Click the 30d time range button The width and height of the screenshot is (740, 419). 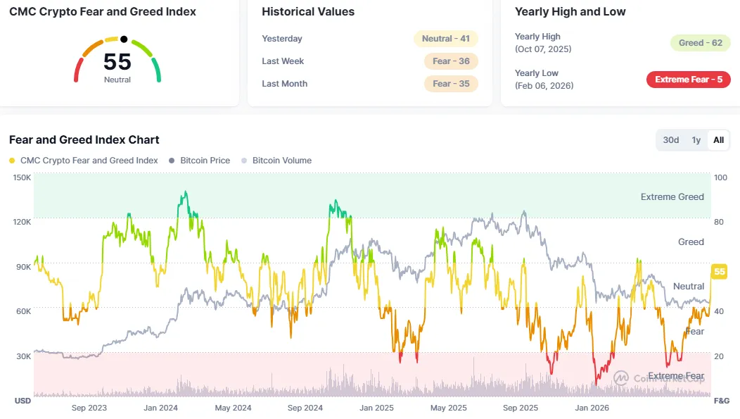[x=670, y=140]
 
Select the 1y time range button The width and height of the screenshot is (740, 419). [x=696, y=140]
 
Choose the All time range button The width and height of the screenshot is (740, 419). [x=718, y=140]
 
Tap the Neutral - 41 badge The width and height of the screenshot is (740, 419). [x=445, y=39]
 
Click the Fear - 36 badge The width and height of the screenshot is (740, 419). [x=451, y=61]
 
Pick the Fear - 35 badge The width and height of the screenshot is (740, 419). [x=451, y=84]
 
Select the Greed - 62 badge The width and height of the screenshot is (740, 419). [x=701, y=43]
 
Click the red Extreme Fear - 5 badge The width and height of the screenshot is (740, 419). [x=689, y=80]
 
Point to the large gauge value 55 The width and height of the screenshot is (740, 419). [x=117, y=62]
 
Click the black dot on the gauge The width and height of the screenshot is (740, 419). [x=124, y=39]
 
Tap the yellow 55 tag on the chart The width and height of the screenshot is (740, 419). [x=719, y=272]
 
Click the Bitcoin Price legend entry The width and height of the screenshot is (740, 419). [x=200, y=161]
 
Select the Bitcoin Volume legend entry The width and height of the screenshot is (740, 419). [x=276, y=161]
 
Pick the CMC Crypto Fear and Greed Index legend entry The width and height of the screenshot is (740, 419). [x=84, y=161]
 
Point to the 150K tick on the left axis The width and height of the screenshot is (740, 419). [x=23, y=177]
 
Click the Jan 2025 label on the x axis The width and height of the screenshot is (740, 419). [x=376, y=408]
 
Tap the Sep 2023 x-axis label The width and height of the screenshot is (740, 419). [x=89, y=408]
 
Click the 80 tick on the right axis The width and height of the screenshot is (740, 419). [x=719, y=222]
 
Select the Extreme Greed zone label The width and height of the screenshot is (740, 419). [x=672, y=197]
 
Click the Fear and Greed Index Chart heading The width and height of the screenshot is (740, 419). [x=84, y=140]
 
